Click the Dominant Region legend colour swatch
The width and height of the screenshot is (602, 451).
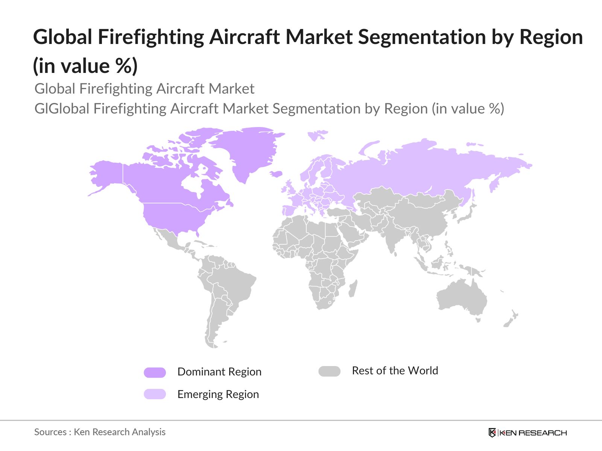point(155,372)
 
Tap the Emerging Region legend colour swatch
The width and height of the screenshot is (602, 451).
point(155,394)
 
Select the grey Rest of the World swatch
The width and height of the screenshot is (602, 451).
point(329,371)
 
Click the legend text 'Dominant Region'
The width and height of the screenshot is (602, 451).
point(219,372)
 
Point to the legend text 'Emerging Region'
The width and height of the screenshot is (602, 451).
point(218,394)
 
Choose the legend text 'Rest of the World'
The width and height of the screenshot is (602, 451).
point(395,371)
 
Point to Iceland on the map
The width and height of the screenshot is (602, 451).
point(277,174)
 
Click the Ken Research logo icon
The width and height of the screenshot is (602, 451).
point(492,433)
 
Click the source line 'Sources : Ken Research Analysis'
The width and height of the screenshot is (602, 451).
point(100,432)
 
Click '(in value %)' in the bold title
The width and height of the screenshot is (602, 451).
point(85,66)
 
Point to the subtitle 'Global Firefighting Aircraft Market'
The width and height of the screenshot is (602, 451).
point(144,89)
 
